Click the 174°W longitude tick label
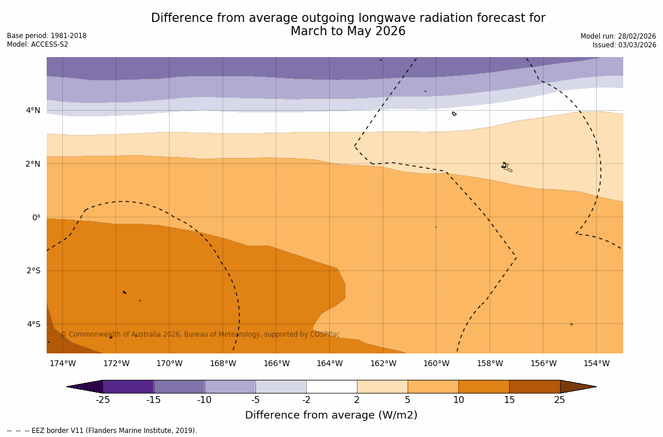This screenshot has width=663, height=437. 62,364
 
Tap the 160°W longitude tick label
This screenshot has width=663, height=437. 436,364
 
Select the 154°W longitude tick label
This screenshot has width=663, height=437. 596,364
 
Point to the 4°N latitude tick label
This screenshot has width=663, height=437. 33,111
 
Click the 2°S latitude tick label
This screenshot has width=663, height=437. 33,271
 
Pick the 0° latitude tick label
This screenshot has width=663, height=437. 36,218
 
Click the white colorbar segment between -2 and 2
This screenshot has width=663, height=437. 331,386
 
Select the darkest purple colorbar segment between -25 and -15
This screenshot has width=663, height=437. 128,386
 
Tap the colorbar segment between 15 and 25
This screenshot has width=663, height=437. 534,386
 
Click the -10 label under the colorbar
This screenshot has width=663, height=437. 204,400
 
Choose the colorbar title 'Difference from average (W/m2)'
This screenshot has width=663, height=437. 331,415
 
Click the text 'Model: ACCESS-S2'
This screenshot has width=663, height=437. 37,44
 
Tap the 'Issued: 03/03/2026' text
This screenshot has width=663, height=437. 624,45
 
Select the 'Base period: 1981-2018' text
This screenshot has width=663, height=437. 47,36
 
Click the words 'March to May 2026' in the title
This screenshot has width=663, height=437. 348,32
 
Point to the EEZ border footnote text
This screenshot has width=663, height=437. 102,431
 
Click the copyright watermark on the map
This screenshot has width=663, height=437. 200,334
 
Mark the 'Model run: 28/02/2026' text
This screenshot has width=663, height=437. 618,36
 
